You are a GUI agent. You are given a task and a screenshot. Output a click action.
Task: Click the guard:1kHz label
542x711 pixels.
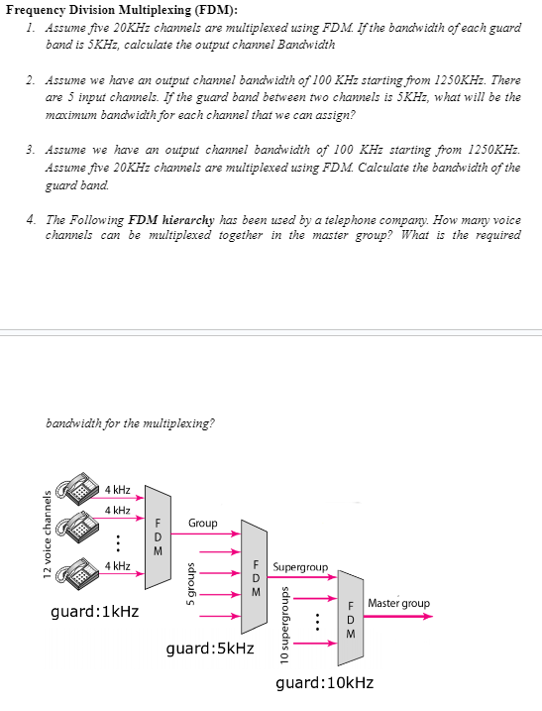pos(94,612)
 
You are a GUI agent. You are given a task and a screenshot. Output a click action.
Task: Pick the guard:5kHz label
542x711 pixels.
pos(210,649)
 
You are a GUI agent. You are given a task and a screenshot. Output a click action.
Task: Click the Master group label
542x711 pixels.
pos(398,603)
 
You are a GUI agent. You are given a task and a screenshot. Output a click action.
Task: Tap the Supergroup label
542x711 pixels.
pos(299,567)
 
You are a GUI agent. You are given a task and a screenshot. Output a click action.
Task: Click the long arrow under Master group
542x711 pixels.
pos(398,616)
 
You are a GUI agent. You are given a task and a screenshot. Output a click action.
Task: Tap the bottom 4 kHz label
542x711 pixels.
pos(118,566)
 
